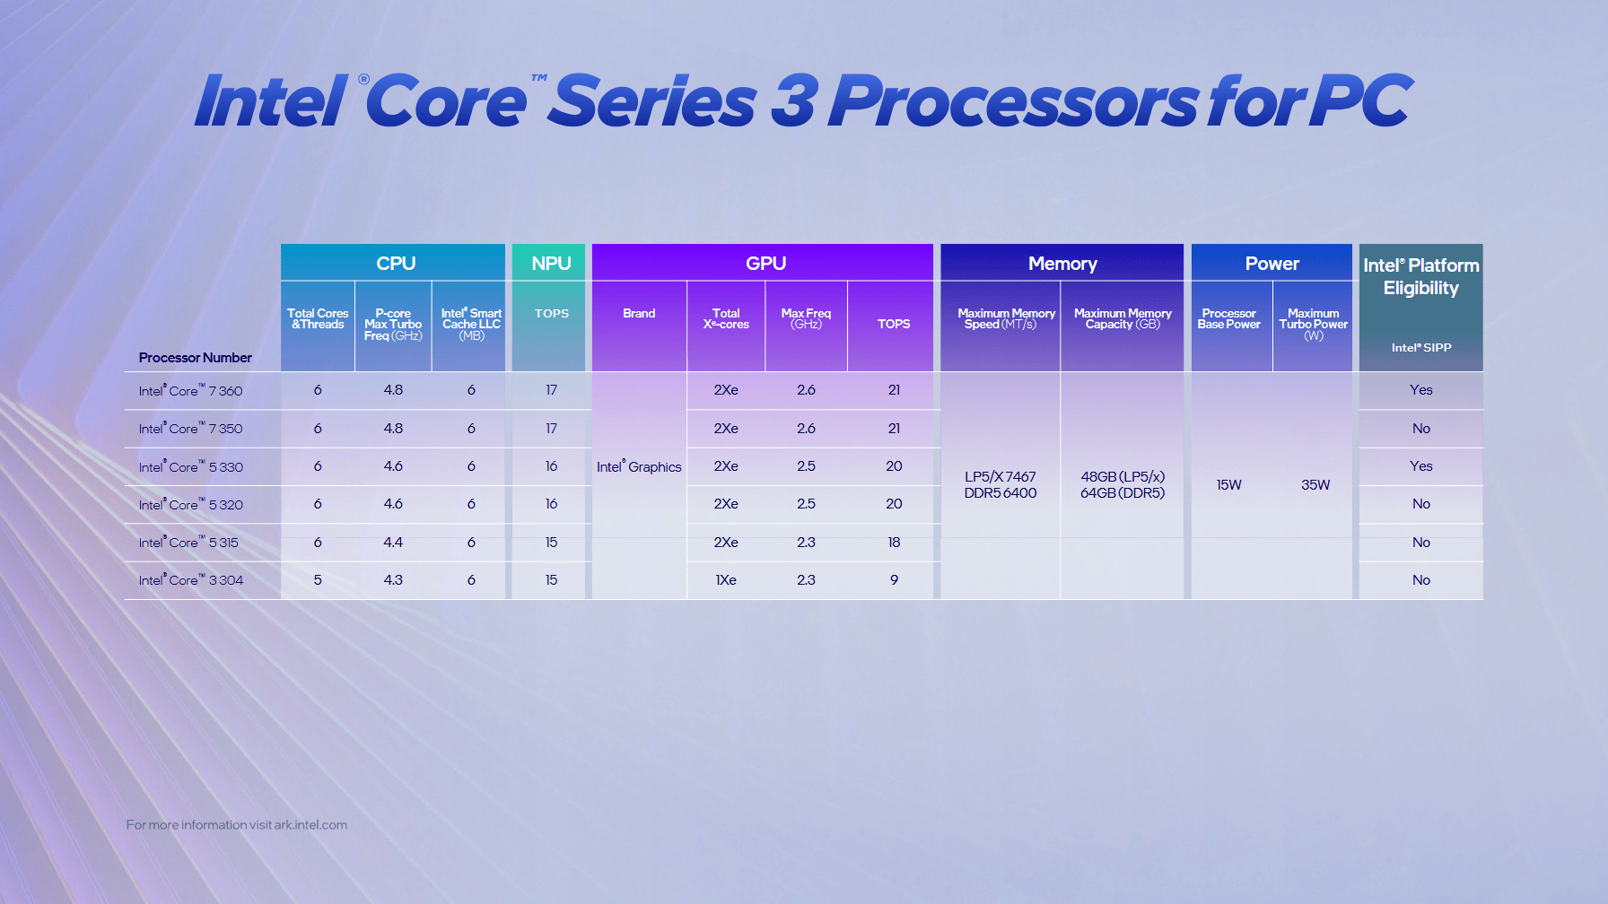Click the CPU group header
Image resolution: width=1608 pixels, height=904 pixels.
click(x=395, y=264)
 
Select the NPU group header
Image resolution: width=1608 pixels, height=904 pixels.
click(x=550, y=264)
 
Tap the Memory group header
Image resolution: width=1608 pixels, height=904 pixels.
click(x=1062, y=264)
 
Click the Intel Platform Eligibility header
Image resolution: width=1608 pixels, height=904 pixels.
click(x=1420, y=276)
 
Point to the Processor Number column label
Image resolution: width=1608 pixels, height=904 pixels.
click(x=195, y=358)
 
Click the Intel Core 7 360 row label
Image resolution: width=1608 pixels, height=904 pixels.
click(x=190, y=391)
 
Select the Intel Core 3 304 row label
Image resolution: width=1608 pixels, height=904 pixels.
click(x=190, y=580)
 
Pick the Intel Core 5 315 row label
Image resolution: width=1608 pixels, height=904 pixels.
click(x=188, y=543)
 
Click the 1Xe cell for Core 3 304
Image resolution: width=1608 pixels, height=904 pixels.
click(x=725, y=580)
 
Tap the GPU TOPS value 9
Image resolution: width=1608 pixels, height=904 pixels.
click(x=894, y=580)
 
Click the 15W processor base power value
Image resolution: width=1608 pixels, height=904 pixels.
click(x=1228, y=485)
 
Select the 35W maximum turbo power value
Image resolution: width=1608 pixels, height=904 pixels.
click(x=1315, y=485)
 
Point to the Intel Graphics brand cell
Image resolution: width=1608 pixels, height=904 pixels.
click(x=639, y=467)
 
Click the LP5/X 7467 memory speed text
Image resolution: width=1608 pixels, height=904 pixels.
click(x=1000, y=477)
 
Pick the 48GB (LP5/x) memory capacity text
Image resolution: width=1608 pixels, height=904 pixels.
click(x=1123, y=477)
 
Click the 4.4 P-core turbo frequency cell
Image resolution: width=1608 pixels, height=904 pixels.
click(x=393, y=543)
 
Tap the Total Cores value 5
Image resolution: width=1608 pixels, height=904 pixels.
click(x=318, y=580)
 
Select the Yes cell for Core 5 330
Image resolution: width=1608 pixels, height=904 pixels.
click(x=1420, y=466)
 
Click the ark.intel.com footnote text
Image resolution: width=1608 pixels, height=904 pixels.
click(x=310, y=825)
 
